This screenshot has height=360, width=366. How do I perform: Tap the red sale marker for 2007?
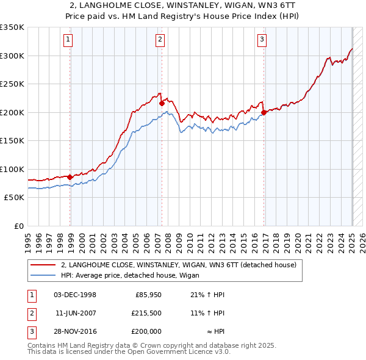[x=162, y=104]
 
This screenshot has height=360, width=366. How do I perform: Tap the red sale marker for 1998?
[x=70, y=177]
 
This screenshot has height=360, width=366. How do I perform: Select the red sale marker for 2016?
[x=264, y=112]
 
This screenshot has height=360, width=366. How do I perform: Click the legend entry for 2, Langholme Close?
[x=178, y=265]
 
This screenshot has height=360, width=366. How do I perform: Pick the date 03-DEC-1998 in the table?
[x=75, y=295]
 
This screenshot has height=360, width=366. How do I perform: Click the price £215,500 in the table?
[x=147, y=312]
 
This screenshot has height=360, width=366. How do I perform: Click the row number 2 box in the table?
[x=31, y=312]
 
